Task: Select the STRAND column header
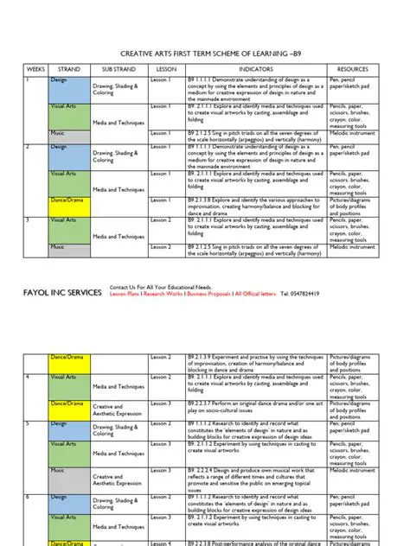(x=69, y=69)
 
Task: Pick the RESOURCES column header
(x=352, y=69)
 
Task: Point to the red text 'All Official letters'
(x=255, y=295)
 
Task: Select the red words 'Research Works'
(x=168, y=295)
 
